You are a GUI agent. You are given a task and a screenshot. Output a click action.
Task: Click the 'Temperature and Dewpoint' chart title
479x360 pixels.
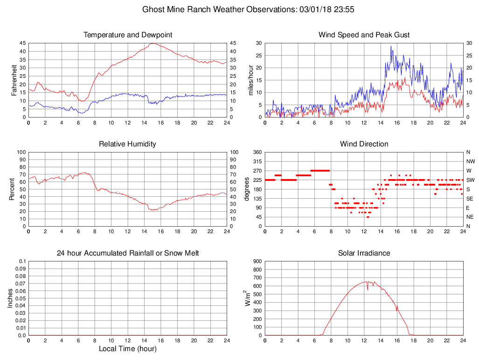[127, 35]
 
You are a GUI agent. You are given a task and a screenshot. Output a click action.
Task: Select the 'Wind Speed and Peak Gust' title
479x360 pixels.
[364, 35]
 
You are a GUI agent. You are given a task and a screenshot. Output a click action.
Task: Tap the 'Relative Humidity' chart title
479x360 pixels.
[127, 144]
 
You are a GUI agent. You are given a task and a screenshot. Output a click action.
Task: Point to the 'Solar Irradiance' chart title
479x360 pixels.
[364, 253]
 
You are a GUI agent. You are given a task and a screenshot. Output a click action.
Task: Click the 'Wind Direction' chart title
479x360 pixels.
[364, 144]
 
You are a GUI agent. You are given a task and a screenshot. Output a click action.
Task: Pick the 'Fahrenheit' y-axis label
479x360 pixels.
[14, 80]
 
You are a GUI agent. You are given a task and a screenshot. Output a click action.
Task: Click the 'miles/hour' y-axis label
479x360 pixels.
[250, 80]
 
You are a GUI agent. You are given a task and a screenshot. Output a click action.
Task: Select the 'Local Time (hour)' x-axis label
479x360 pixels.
[127, 349]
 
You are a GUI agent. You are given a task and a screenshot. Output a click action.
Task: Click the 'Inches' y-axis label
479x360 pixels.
[11, 298]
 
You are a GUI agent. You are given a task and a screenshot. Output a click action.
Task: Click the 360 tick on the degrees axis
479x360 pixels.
[257, 152]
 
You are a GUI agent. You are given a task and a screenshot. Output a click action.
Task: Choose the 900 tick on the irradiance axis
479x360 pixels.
[257, 261]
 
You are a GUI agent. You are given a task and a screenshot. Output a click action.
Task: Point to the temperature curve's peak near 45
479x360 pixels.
[153, 43]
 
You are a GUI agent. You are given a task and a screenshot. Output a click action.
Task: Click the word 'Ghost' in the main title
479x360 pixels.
[153, 9]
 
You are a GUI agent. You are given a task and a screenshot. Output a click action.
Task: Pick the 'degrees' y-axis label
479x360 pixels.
[247, 189]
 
